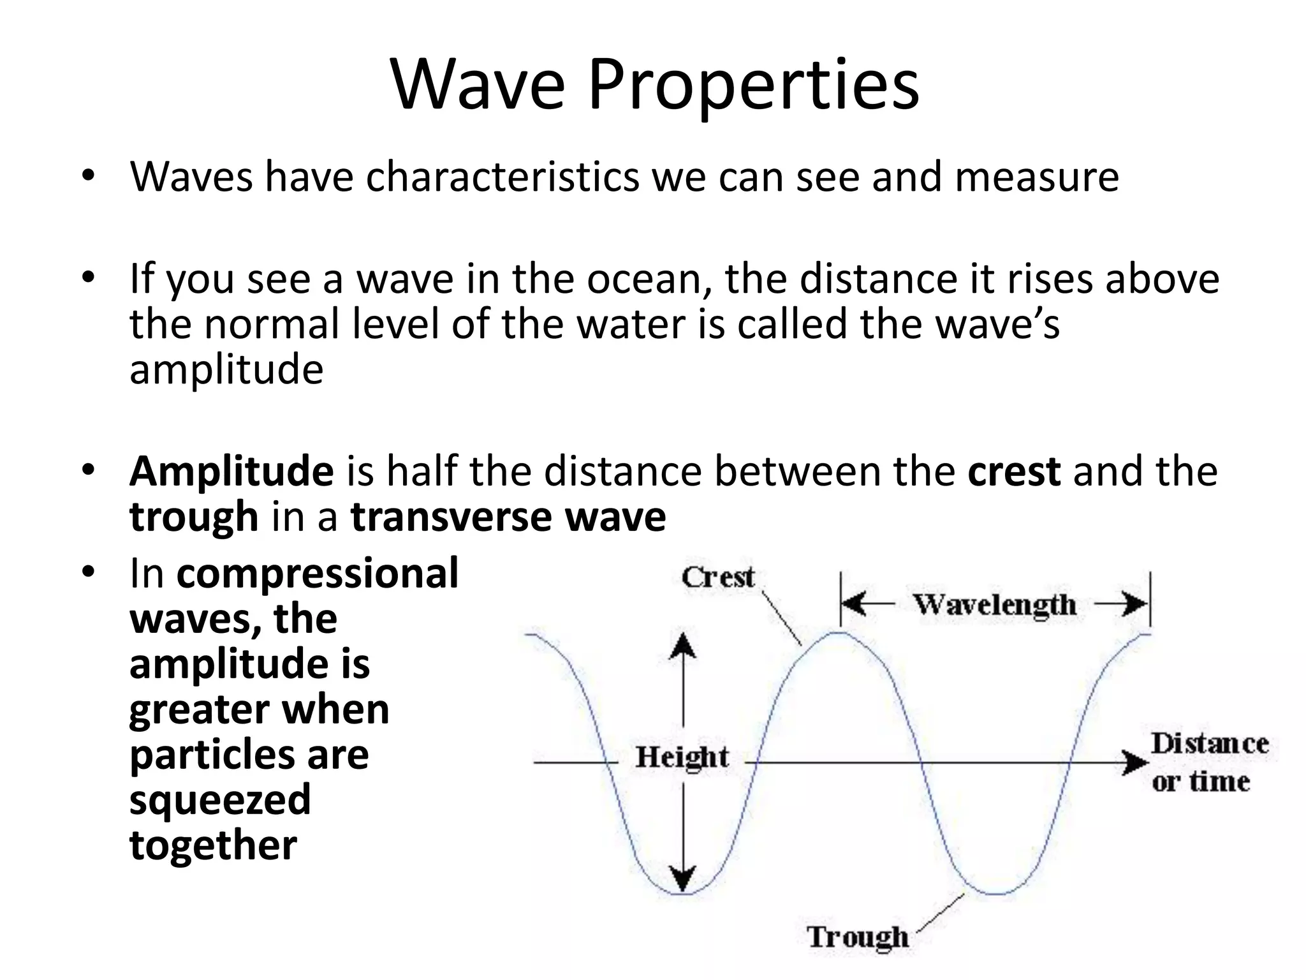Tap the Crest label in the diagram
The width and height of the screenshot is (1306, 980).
718,577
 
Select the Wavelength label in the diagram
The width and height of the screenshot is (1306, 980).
995,604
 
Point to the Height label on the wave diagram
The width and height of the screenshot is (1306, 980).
682,757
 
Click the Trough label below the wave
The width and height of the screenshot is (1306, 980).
858,937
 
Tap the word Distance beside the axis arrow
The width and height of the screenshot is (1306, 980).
1210,744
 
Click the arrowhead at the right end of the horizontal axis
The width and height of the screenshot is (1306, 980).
1135,762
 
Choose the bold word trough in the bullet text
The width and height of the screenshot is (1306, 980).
194,516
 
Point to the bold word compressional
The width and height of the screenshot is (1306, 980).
318,573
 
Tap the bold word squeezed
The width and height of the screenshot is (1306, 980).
220,800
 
